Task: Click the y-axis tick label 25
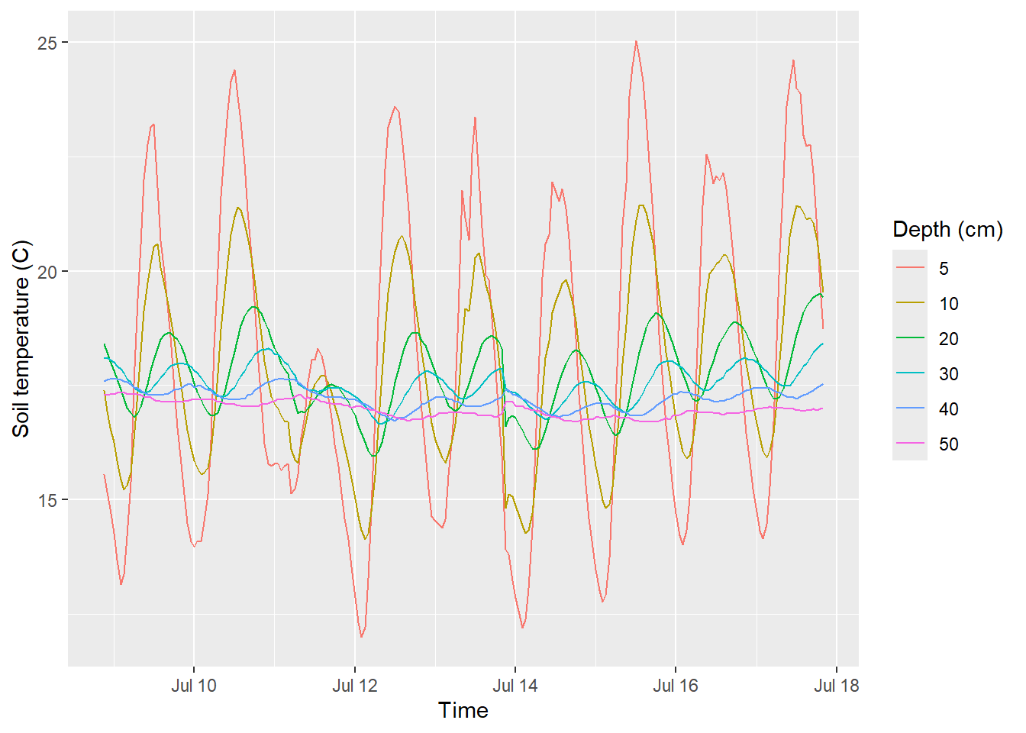[x=47, y=43]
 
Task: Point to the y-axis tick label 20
[x=47, y=272]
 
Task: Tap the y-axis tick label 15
[x=47, y=500]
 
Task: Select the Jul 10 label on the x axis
[x=194, y=686]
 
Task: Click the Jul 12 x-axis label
[x=354, y=686]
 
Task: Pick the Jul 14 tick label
[x=515, y=686]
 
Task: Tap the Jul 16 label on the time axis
[x=676, y=686]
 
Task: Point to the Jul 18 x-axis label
[x=837, y=686]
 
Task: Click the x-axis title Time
[x=463, y=711]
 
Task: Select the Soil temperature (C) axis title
[x=21, y=339]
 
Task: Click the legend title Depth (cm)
[x=947, y=230]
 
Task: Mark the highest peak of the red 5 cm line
[x=636, y=41]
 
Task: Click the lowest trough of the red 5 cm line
[x=361, y=637]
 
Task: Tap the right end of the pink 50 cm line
[x=822, y=408]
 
